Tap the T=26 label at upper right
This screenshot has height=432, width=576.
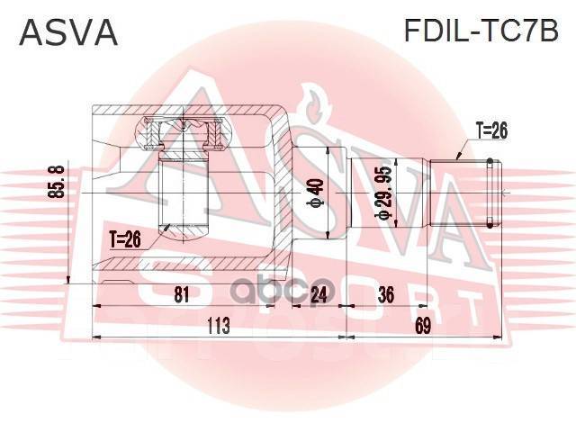(486, 131)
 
